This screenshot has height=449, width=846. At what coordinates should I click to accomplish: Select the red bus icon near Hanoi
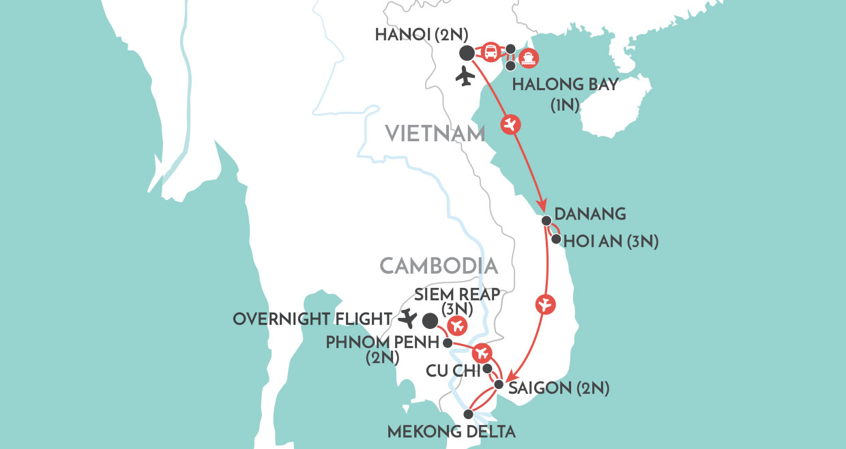490,53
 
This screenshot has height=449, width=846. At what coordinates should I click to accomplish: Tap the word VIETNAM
435,134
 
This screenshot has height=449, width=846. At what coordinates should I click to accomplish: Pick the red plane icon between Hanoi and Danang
510,124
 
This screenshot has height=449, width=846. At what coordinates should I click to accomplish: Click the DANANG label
591,214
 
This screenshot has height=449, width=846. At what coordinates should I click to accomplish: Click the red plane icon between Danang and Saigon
544,305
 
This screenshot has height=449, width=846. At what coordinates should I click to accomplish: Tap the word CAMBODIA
437,265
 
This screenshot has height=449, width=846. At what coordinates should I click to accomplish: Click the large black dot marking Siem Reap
430,320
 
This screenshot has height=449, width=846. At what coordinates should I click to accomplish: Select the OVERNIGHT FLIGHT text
312,319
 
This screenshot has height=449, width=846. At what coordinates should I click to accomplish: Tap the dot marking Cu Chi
487,368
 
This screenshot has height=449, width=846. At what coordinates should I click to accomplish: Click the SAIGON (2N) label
558,389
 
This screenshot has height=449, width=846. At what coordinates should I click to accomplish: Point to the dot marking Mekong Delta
468,414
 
